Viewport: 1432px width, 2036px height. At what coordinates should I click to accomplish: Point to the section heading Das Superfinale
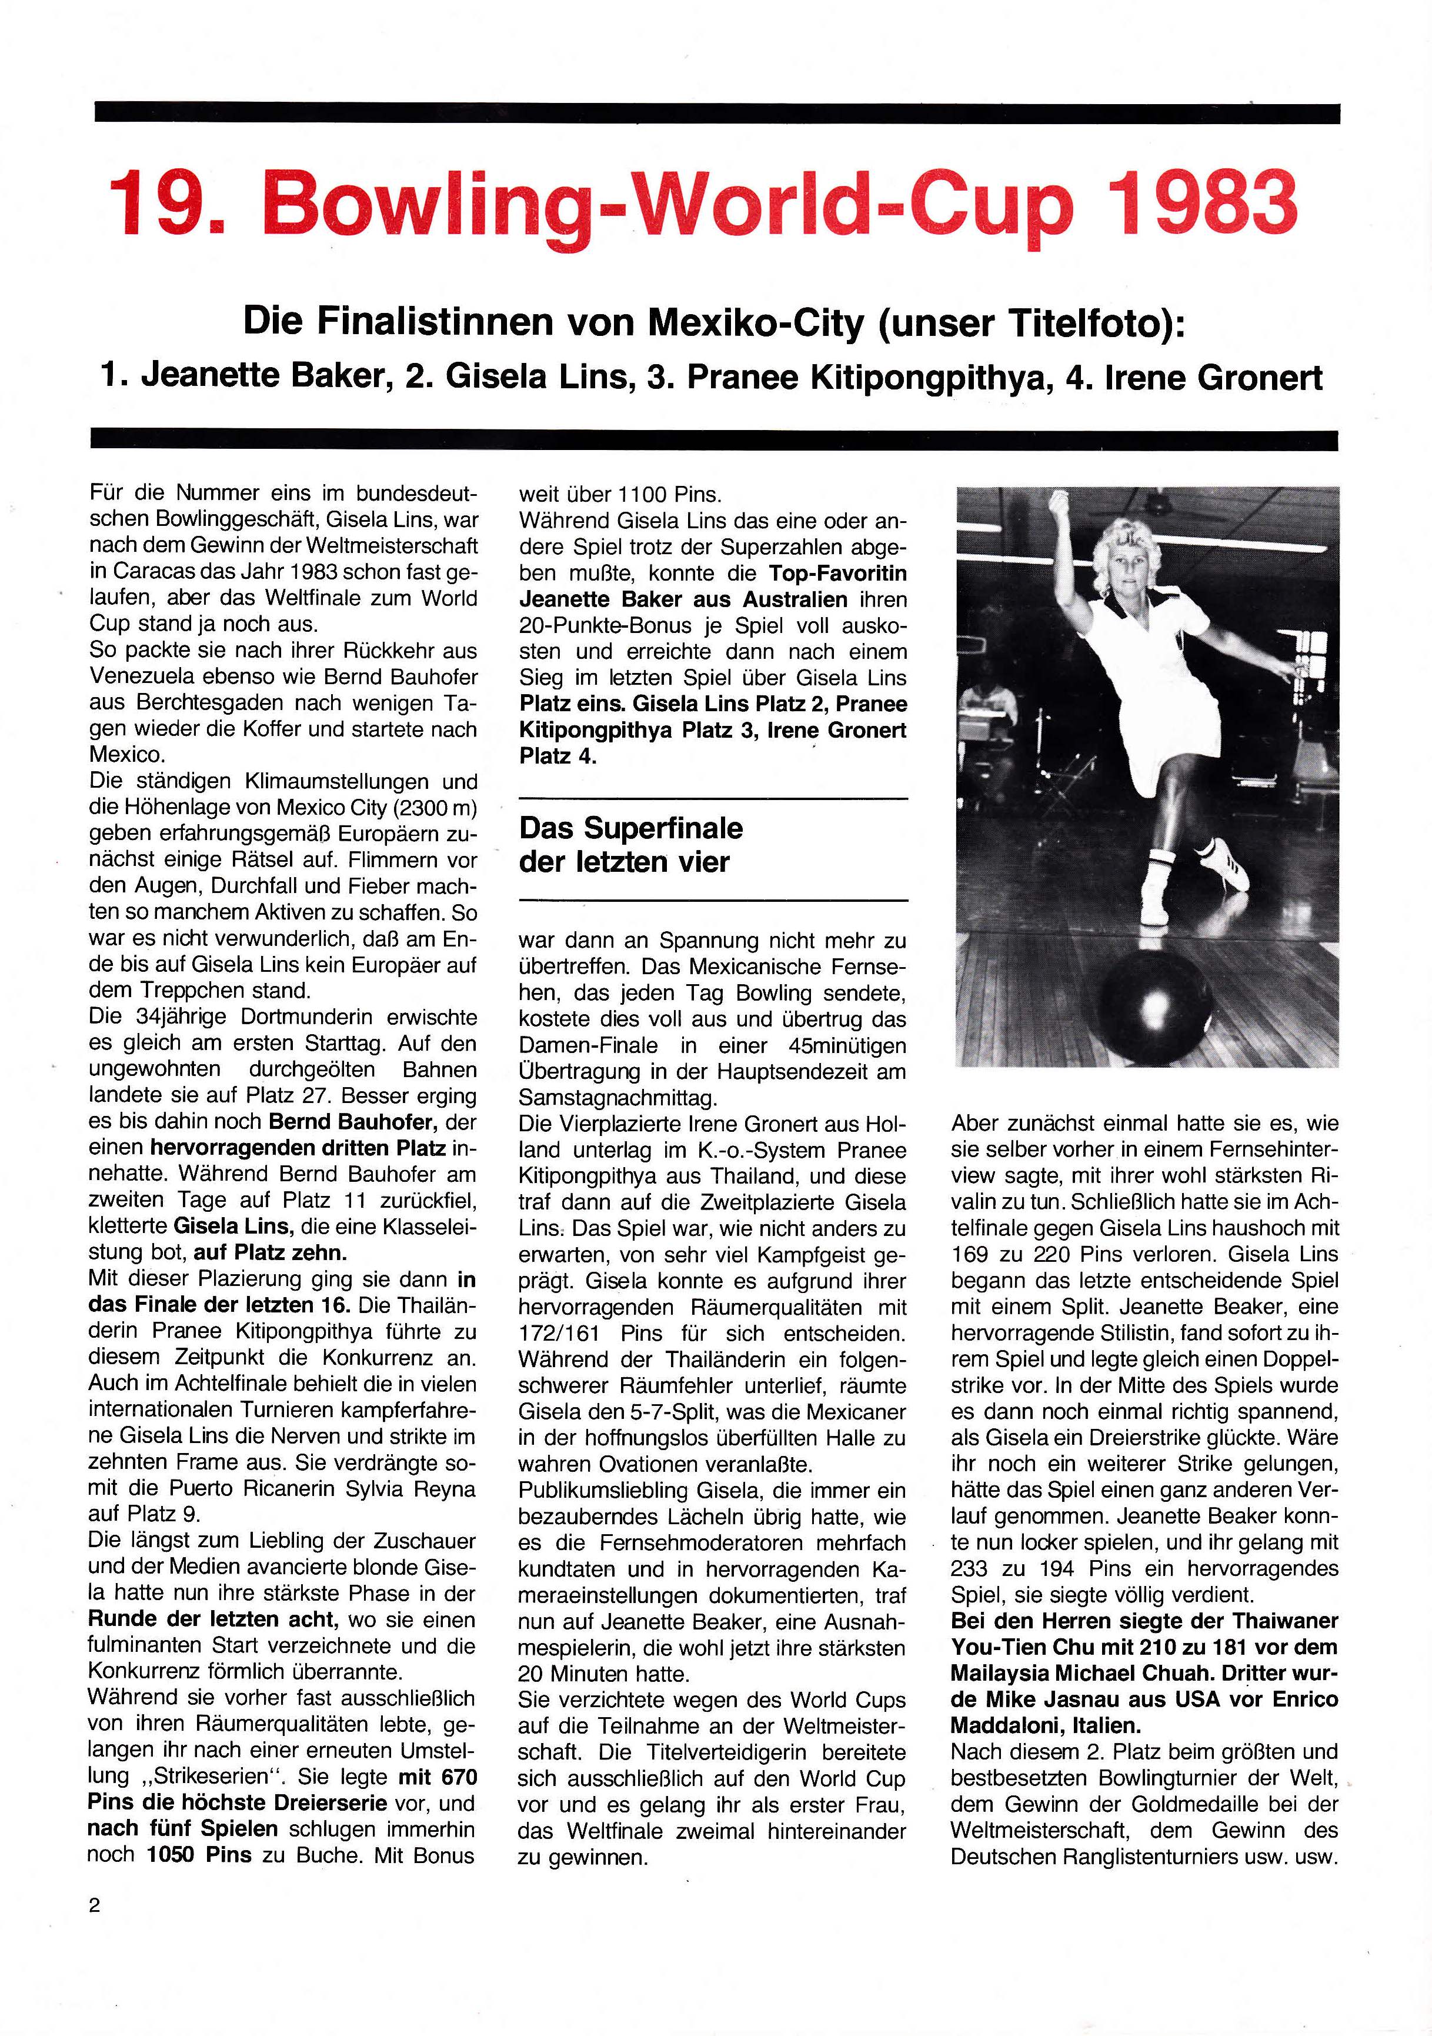click(x=632, y=828)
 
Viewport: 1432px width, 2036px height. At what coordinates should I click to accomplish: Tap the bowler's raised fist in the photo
click(x=1059, y=512)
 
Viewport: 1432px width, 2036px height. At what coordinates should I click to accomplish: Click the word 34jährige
click(x=192, y=1017)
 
